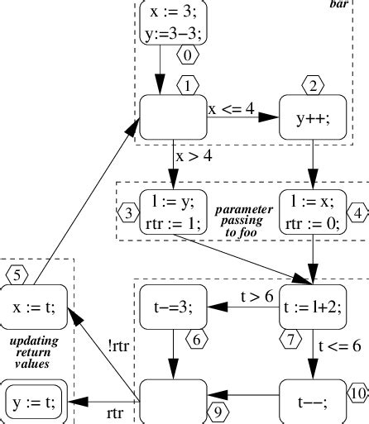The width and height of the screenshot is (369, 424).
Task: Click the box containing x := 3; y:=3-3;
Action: point(172,22)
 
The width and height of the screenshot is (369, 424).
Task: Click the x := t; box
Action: point(33,306)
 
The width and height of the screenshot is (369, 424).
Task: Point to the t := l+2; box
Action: point(312,306)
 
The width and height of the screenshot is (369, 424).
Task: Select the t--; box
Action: point(312,399)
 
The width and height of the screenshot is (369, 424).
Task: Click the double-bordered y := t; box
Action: point(33,401)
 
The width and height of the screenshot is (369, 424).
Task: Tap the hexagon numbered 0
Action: point(189,57)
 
